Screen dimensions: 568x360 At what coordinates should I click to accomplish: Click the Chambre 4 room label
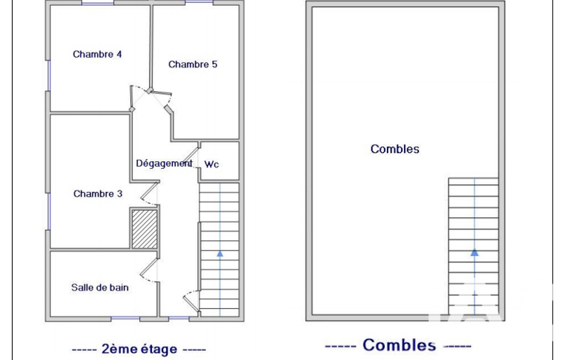[97, 54]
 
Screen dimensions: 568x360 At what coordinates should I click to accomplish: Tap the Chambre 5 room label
[193, 64]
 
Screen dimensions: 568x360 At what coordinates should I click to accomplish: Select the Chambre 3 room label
[98, 194]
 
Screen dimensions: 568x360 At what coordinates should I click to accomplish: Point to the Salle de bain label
[100, 287]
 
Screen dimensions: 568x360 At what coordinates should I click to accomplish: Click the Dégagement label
[164, 163]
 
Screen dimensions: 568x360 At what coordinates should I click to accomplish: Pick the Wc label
[212, 164]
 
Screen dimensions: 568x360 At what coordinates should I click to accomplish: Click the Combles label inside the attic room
[395, 149]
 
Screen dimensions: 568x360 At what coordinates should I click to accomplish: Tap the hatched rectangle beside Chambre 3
[145, 229]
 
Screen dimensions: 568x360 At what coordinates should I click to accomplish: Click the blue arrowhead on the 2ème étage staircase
[220, 254]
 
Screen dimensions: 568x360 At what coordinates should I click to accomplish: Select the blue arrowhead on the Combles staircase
[474, 253]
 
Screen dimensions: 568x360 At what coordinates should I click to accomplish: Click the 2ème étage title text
[140, 349]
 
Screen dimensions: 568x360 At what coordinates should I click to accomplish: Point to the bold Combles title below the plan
[399, 345]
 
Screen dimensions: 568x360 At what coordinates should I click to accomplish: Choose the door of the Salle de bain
[149, 270]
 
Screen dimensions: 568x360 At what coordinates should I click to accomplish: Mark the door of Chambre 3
[150, 194]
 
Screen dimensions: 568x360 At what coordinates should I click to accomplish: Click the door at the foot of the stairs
[191, 301]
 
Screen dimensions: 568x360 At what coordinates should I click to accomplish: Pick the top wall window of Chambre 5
[199, 3]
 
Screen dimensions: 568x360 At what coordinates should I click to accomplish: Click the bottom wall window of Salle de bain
[125, 318]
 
